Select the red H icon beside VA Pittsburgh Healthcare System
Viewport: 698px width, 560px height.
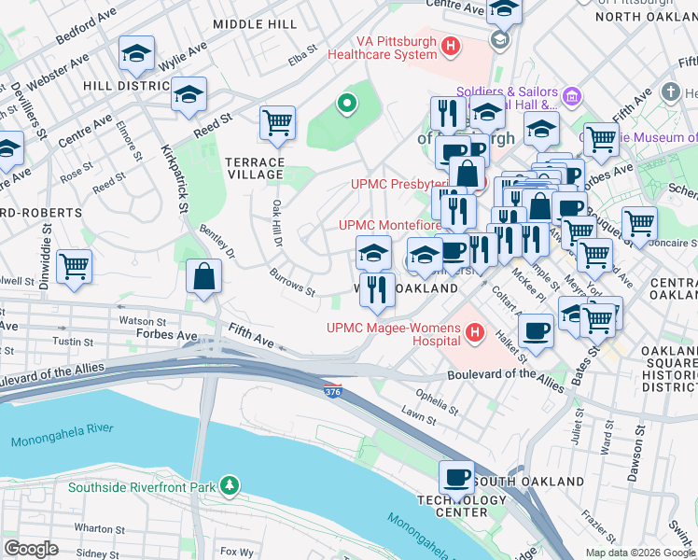pyautogui.click(x=452, y=45)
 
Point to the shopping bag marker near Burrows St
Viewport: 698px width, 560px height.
pyautogui.click(x=202, y=277)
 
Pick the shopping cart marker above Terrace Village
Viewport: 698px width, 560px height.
pyautogui.click(x=277, y=122)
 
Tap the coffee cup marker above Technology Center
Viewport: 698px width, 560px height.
pyautogui.click(x=456, y=477)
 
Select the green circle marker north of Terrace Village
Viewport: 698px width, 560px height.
pyautogui.click(x=346, y=104)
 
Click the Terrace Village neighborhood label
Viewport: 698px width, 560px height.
pyautogui.click(x=253, y=168)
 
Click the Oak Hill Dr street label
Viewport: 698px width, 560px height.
pyautogui.click(x=277, y=221)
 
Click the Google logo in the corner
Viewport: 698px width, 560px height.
pyautogui.click(x=31, y=549)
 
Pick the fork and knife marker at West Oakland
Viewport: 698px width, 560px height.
pyautogui.click(x=377, y=288)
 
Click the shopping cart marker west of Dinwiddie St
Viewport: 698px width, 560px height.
pyautogui.click(x=74, y=265)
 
